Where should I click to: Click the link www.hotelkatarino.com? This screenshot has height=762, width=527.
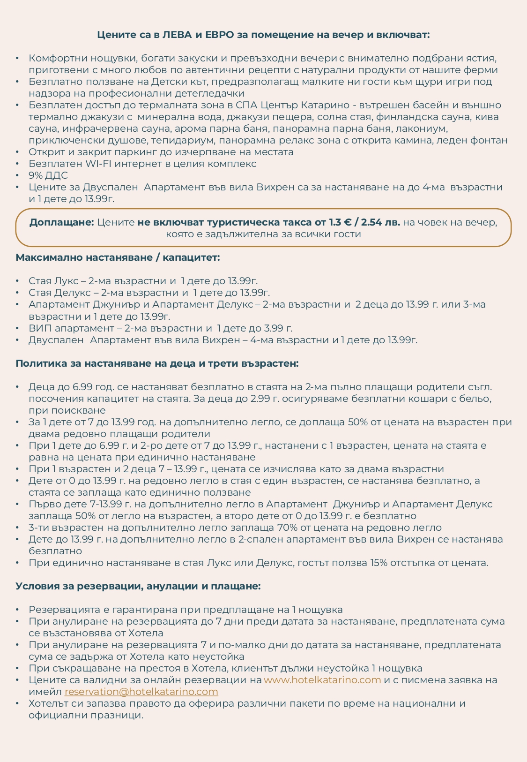point(322,680)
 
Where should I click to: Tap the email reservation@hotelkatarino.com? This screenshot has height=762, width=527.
point(141,692)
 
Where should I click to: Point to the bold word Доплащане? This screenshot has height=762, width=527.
point(62,222)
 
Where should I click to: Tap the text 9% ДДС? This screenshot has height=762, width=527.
point(48,175)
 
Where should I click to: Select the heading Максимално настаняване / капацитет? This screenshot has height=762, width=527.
point(118,257)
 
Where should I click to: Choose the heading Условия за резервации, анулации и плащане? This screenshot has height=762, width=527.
point(138,586)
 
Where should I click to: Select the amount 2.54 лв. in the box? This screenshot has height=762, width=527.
point(380,222)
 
